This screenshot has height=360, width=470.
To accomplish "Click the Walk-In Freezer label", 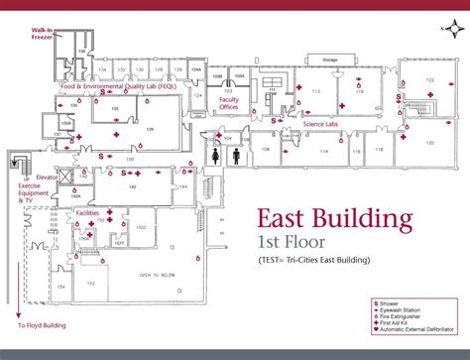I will tap(43, 39).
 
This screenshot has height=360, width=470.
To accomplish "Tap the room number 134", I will tap(102, 70).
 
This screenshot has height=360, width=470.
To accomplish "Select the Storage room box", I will tap(329, 60).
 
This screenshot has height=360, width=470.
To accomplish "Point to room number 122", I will tap(429, 79).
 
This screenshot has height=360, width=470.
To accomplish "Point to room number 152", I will tap(91, 284).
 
